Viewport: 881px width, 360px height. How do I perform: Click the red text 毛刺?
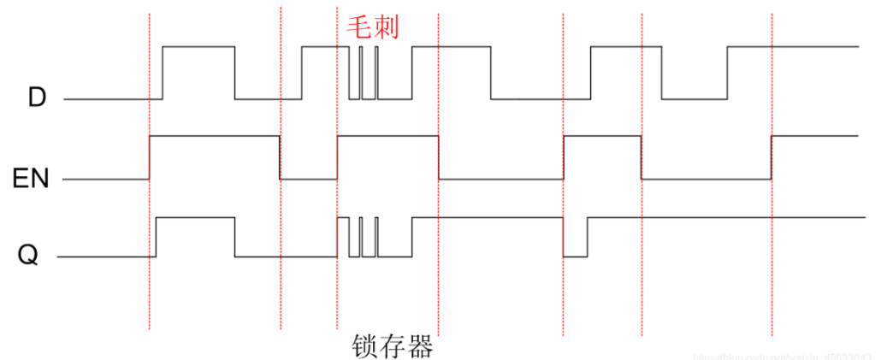click(372, 26)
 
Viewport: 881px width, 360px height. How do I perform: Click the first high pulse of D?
click(198, 47)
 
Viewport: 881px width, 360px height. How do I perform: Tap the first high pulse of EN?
click(214, 136)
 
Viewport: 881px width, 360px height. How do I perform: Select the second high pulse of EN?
click(387, 136)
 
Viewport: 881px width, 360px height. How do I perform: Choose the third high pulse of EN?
click(602, 136)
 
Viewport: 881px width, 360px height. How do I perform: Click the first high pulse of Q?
click(195, 218)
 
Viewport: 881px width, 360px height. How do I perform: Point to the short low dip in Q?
click(575, 255)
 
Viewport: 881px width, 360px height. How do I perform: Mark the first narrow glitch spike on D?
click(361, 73)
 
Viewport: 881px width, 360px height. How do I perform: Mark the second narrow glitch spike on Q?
click(376, 237)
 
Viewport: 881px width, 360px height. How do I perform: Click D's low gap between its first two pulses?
click(269, 99)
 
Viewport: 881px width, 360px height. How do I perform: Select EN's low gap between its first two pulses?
click(309, 179)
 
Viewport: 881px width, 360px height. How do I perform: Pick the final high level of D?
click(792, 47)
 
